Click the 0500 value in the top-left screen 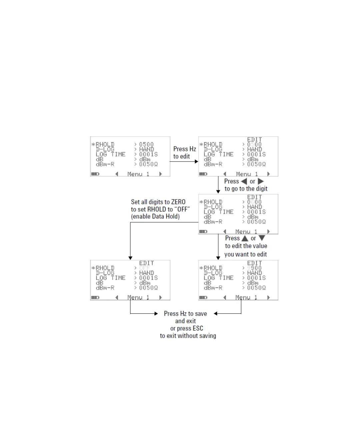pyautogui.click(x=146, y=145)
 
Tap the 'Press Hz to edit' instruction pyautogui.click(x=184, y=153)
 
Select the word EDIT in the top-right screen pyautogui.click(x=254, y=140)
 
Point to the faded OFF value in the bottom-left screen pyautogui.click(x=145, y=268)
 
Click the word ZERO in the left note pyautogui.click(x=178, y=202)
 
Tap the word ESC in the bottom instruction pyautogui.click(x=198, y=328)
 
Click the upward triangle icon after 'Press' pyautogui.click(x=245, y=238)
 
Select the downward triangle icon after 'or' pyautogui.click(x=262, y=238)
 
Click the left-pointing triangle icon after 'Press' pyautogui.click(x=244, y=181)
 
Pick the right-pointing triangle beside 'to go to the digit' pyautogui.click(x=261, y=181)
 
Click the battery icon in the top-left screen pyautogui.click(x=95, y=174)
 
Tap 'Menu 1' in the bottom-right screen pyautogui.click(x=246, y=297)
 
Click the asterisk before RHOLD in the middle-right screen pyautogui.click(x=201, y=202)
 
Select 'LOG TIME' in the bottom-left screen pyautogui.click(x=110, y=278)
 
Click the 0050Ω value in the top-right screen pyautogui.click(x=256, y=164)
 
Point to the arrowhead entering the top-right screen pyautogui.click(x=196, y=162)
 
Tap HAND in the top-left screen pyautogui.click(x=146, y=149)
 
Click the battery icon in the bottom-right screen pyautogui.click(x=203, y=297)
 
